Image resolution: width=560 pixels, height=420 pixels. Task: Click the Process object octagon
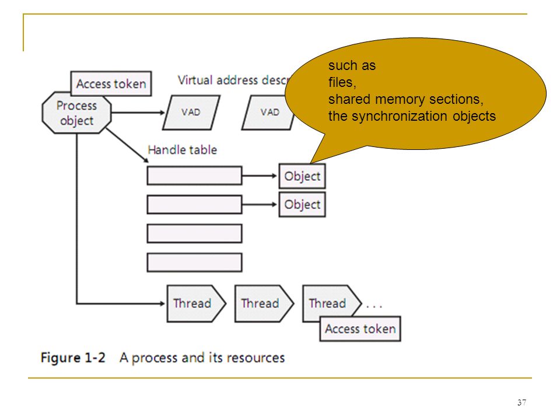click(x=76, y=113)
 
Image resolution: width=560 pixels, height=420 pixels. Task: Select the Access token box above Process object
click(x=111, y=83)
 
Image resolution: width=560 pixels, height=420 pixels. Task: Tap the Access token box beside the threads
click(x=360, y=328)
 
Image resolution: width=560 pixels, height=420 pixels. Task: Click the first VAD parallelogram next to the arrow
click(x=191, y=113)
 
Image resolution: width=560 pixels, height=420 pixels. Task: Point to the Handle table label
click(x=182, y=150)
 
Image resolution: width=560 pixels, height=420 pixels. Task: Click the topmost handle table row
click(x=194, y=176)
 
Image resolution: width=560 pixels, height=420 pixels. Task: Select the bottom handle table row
click(x=194, y=262)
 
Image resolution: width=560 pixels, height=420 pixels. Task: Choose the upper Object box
click(x=302, y=176)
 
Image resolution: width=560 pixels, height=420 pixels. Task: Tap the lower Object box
click(x=302, y=205)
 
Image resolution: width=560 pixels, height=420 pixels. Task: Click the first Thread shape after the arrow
click(x=196, y=303)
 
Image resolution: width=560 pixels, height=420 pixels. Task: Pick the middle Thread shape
click(x=264, y=303)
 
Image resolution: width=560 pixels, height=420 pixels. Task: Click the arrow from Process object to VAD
click(x=138, y=113)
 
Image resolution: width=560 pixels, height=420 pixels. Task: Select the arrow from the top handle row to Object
click(x=260, y=176)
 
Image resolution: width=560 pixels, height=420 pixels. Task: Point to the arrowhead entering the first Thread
click(x=163, y=303)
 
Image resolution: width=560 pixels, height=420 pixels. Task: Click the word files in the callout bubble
click(x=342, y=82)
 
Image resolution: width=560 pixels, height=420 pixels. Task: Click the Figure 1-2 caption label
click(x=73, y=358)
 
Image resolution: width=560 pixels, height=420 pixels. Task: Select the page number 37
click(x=521, y=402)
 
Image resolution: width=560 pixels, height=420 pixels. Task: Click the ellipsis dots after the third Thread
click(x=374, y=306)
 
